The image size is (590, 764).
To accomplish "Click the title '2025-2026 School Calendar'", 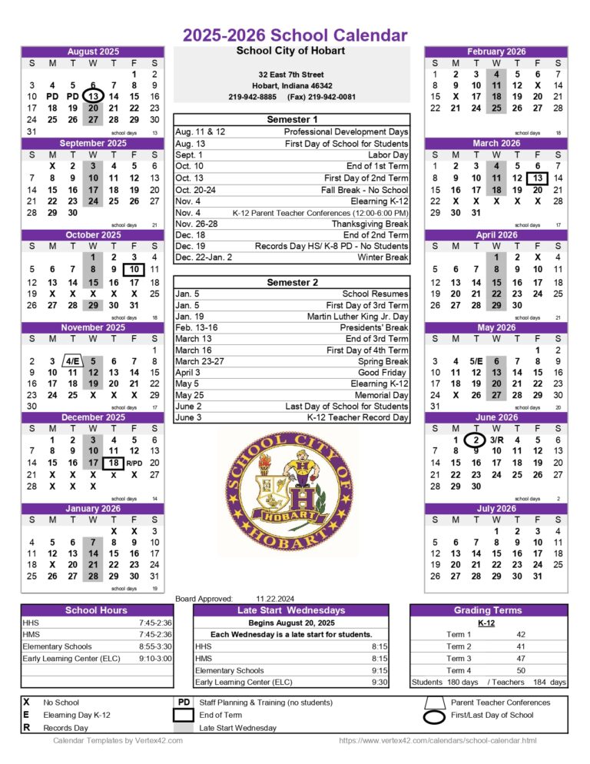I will coord(295,35).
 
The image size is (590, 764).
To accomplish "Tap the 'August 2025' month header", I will coord(93,51).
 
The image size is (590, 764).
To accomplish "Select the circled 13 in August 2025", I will coord(93,97).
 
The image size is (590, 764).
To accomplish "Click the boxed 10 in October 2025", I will coord(134,269).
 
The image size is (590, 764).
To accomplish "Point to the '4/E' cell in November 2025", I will coord(72,361).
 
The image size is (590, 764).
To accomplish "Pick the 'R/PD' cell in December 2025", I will coord(134,463).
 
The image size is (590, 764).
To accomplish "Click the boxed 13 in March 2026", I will coord(538,178).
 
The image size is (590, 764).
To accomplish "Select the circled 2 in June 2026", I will coord(476,439).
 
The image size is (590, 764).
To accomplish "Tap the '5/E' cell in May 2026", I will coord(476,361).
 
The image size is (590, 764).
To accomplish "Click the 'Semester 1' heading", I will coord(292,120).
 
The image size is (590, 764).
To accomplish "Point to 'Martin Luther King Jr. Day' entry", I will coord(358,316).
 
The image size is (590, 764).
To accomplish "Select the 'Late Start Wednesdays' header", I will coord(291,610).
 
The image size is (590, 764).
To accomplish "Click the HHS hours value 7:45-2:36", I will coord(155,623).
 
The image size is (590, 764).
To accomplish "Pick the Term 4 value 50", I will coord(521,670).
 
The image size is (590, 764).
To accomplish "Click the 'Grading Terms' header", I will coord(488,610).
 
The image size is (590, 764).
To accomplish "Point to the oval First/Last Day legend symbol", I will coord(435,716).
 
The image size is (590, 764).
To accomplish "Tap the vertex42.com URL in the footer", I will coord(438,740).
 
